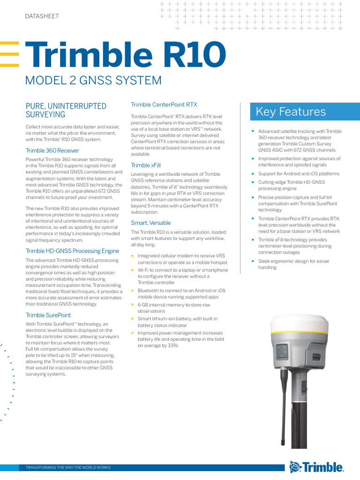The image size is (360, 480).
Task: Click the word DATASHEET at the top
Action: pos(42,16)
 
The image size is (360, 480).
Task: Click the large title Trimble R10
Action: pos(125,54)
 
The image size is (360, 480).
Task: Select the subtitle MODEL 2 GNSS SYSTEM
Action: pos(93,80)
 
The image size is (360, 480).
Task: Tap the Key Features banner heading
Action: pos(291,112)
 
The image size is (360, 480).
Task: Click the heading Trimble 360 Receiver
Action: pos(52,150)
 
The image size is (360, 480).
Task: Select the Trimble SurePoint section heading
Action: pos(48,315)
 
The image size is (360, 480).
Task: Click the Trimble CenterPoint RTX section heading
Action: pos(164,105)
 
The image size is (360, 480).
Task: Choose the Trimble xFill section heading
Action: pos(146,165)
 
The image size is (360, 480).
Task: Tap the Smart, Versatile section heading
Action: pos(150,223)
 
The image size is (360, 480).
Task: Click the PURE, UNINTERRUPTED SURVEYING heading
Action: pos(66,110)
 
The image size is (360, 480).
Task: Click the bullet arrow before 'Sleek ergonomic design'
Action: pos(253,261)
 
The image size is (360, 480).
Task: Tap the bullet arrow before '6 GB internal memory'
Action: pos(133,305)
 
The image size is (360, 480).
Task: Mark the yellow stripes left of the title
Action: pos(9,54)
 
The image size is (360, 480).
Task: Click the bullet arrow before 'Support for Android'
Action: pos(253,173)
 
